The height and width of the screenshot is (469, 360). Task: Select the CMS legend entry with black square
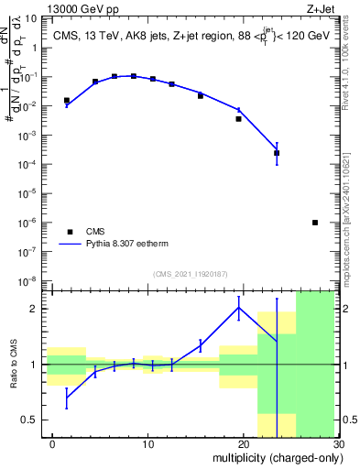coord(96,232)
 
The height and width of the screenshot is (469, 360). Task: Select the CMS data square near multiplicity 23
coord(277,153)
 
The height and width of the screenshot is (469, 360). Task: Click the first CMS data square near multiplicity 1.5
coord(66,101)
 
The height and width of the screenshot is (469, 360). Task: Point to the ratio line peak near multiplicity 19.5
coord(239,308)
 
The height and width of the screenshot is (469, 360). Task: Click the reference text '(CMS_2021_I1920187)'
coord(190,274)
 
